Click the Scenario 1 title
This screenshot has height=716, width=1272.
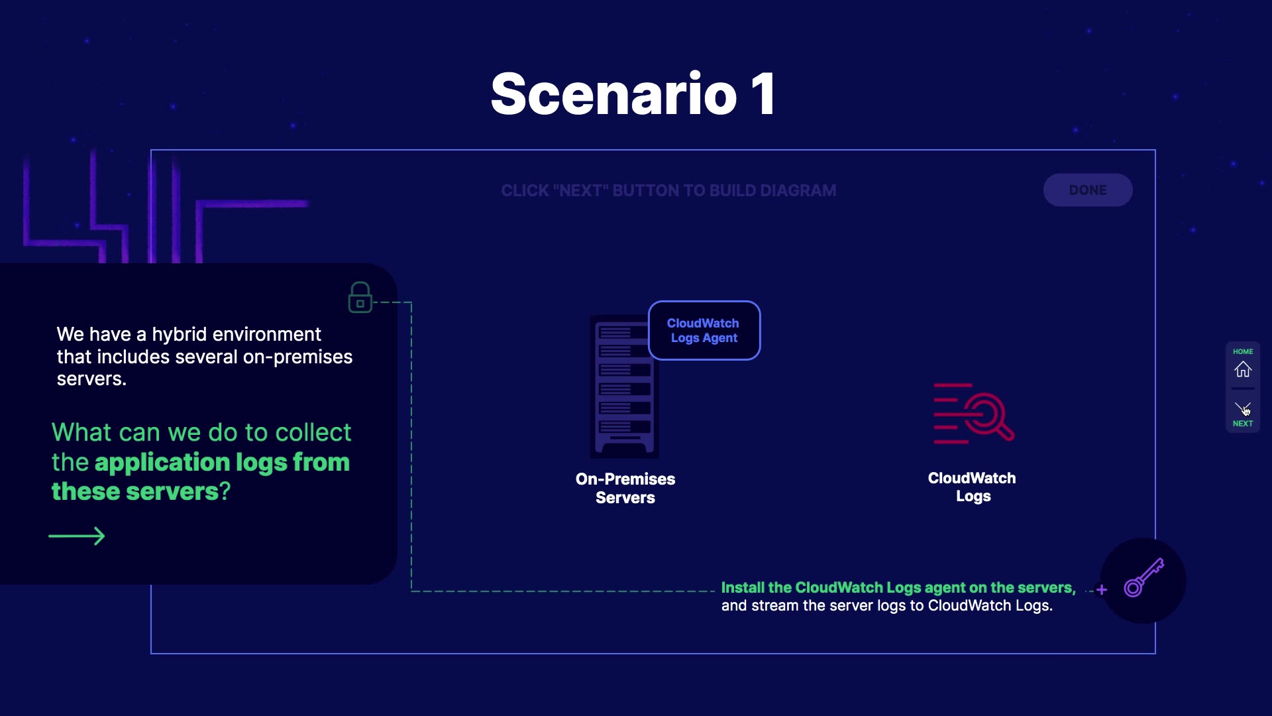633,94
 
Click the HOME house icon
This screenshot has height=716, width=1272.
1243,369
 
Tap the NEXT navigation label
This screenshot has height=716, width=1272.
1243,424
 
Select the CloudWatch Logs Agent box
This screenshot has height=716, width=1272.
704,330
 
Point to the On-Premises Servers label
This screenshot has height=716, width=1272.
625,488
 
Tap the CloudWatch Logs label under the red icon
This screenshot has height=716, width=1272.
972,487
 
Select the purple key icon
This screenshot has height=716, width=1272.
1143,578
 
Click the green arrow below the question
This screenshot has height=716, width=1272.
77,536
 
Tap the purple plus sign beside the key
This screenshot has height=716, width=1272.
1102,589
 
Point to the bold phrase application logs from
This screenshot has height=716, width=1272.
222,462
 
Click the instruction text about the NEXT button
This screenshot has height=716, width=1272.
668,191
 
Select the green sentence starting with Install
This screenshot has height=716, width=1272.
898,587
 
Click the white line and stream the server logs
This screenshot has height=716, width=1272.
886,606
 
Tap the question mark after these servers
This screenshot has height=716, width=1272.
225,491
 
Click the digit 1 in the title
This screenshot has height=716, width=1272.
763,94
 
